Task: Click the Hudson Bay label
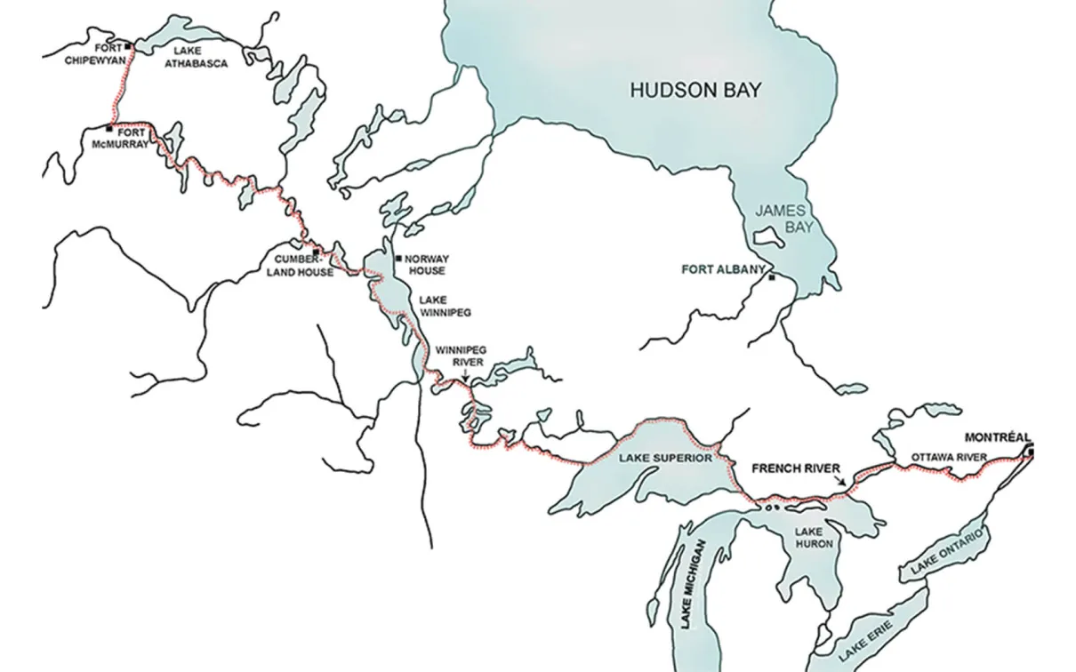point(696,89)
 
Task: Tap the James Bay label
point(780,219)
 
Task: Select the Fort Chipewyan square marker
point(128,46)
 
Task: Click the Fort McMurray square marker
point(109,129)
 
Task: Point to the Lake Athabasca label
point(199,58)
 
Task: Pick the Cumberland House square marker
point(316,252)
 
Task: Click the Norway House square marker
point(397,259)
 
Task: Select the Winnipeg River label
point(459,356)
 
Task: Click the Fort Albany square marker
point(772,278)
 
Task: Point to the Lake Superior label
point(665,458)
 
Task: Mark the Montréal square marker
point(1030,452)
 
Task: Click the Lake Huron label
point(808,537)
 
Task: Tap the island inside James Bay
point(766,237)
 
